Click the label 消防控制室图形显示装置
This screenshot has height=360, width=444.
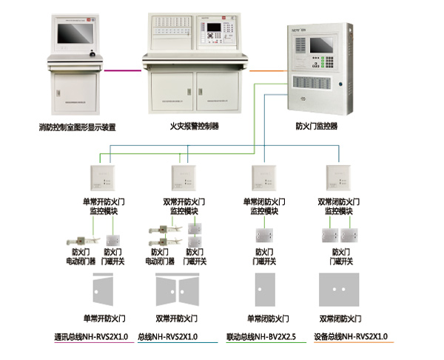(78, 127)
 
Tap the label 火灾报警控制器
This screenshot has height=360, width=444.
(195, 126)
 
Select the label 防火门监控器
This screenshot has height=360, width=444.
(316, 127)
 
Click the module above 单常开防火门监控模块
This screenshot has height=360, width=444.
(101, 178)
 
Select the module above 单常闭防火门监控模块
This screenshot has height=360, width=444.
(264, 178)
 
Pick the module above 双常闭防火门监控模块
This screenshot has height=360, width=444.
(339, 178)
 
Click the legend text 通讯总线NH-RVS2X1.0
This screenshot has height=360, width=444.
(91, 337)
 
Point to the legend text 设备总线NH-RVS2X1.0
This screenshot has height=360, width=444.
(350, 337)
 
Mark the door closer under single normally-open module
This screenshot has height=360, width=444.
(78, 239)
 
